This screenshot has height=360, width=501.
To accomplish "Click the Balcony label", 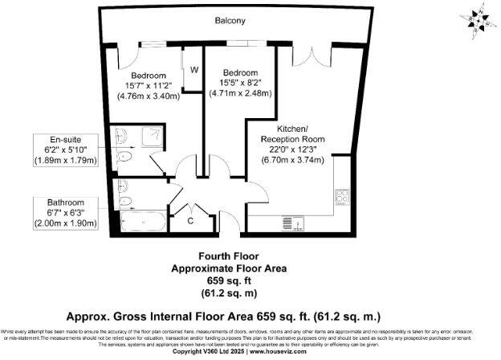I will coord(230,20).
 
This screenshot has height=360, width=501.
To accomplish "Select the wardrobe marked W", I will coord(193,70).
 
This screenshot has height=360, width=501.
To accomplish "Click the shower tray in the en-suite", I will coord(152,137).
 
